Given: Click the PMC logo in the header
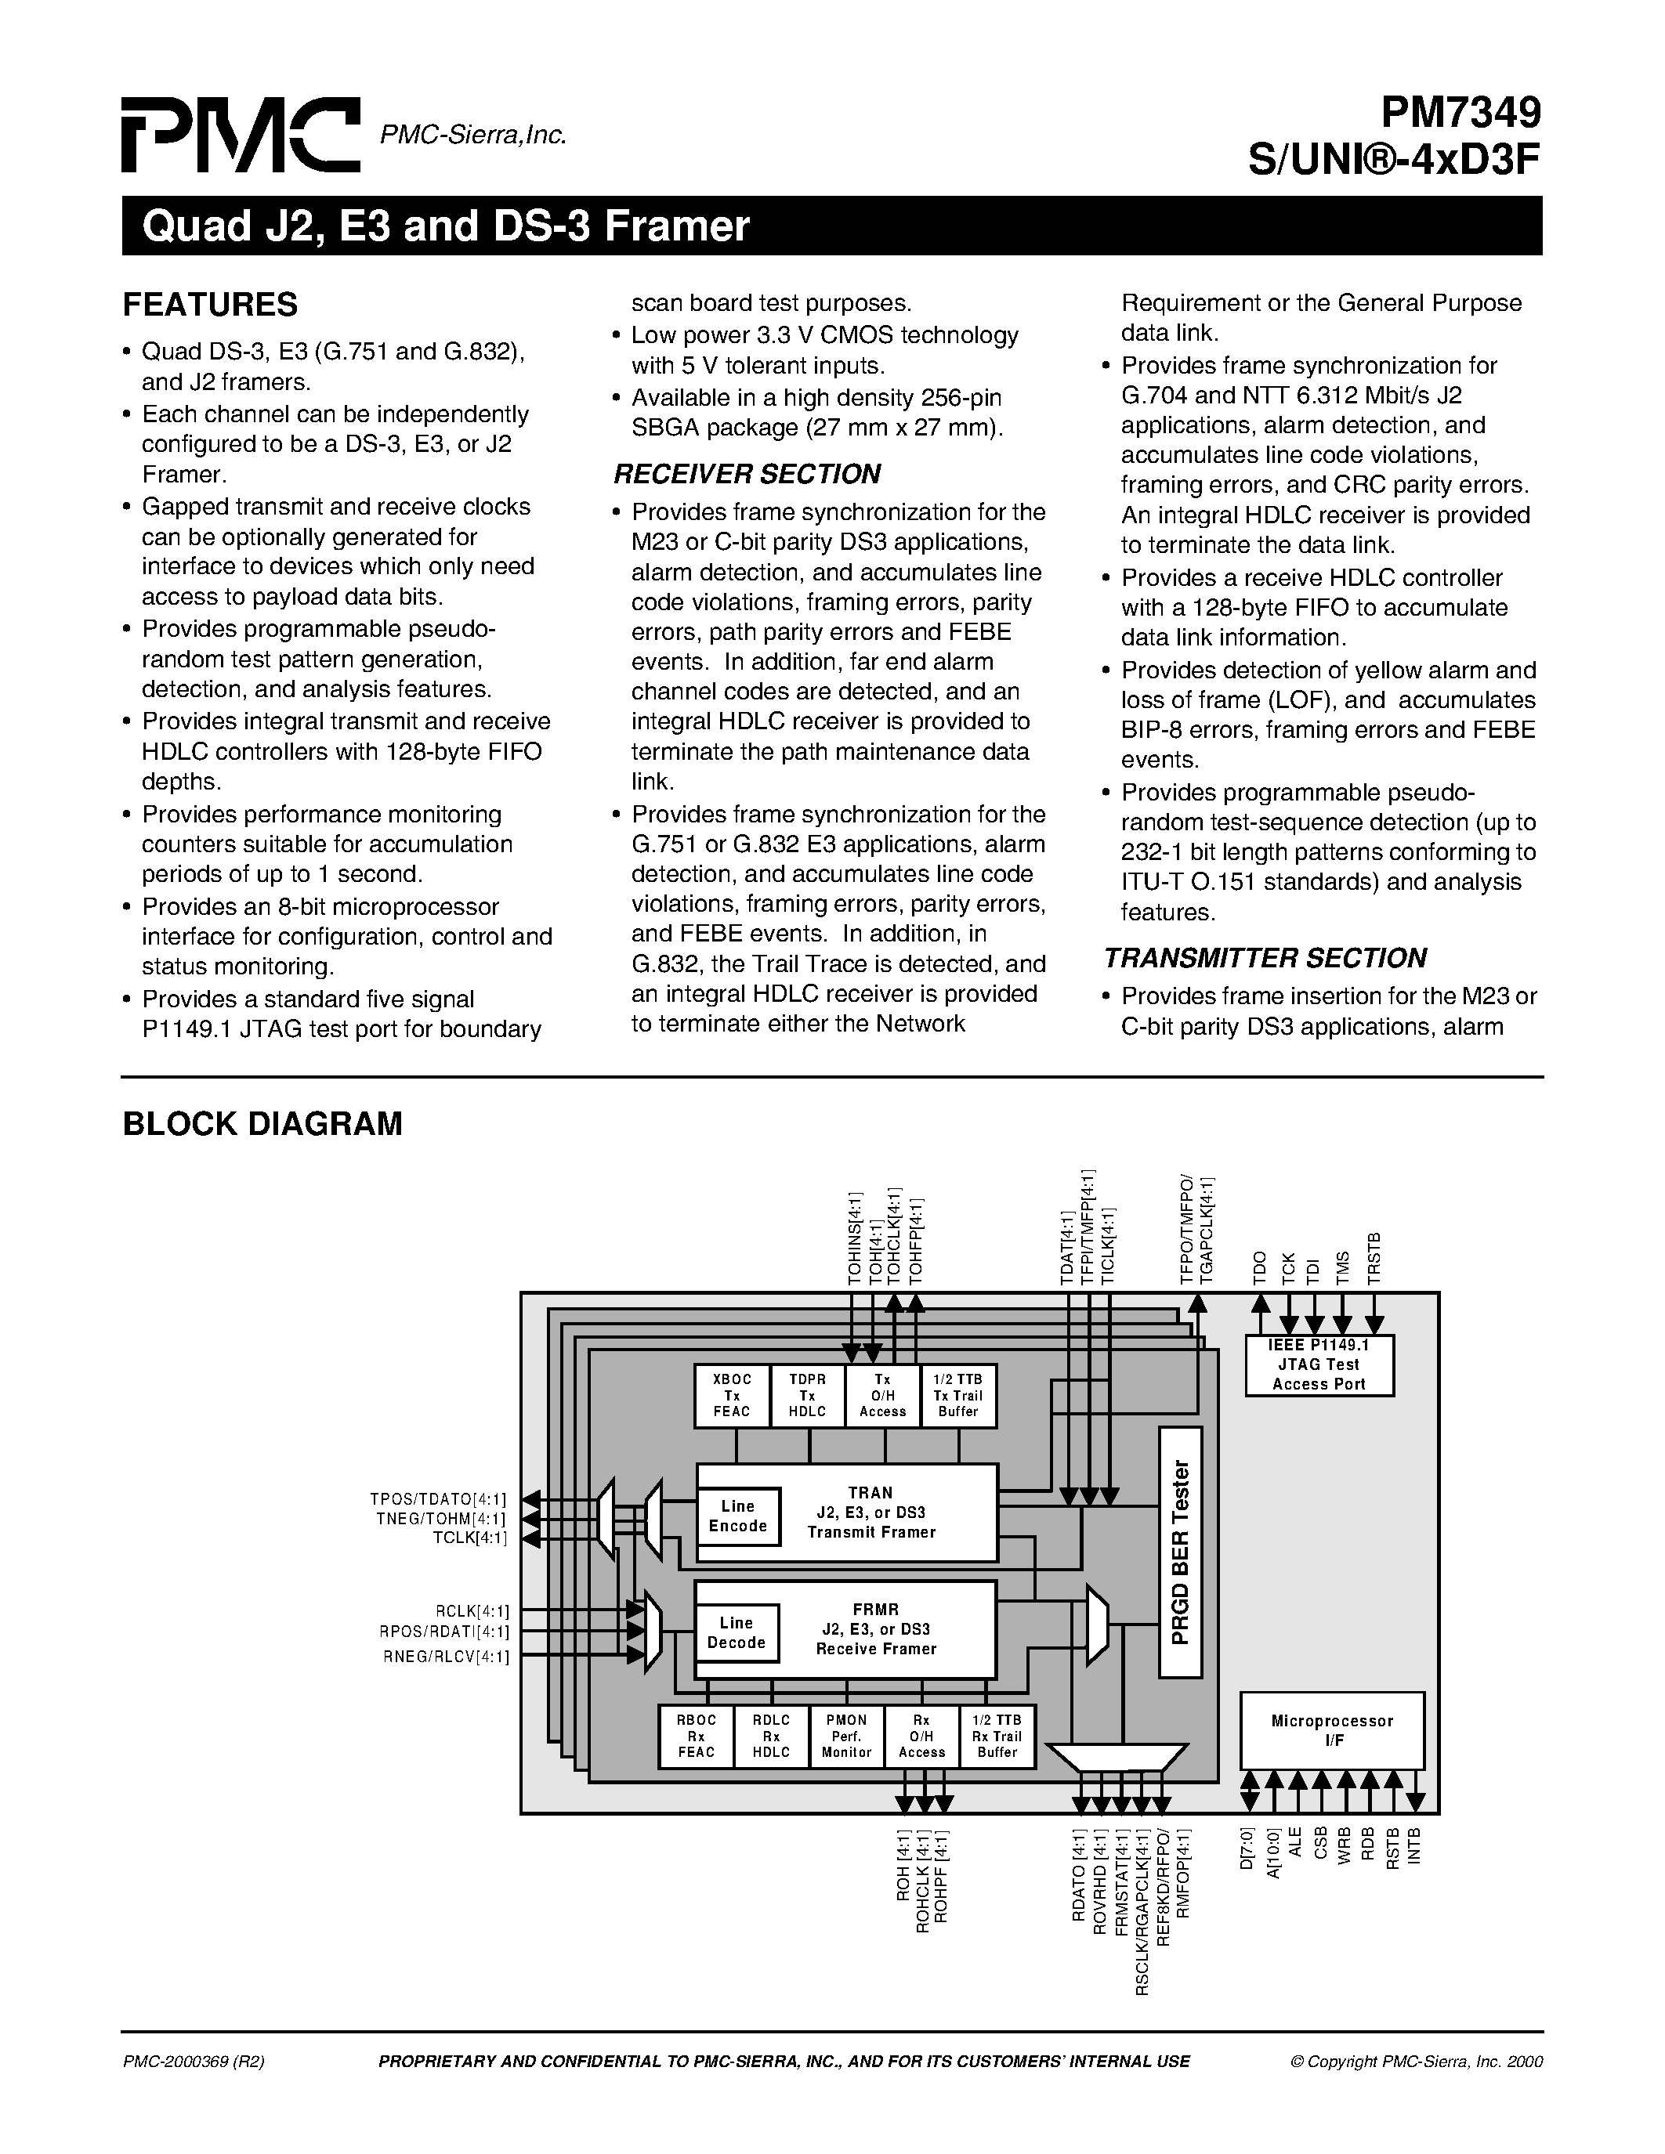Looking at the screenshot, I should click(240, 136).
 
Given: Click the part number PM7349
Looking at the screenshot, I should click(1460, 115).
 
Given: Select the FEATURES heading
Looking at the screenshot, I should click(210, 305).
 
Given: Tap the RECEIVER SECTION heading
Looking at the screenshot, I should click(747, 475).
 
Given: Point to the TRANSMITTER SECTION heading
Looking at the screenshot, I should click(1265, 958).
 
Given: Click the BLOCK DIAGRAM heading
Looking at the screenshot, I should click(262, 1123).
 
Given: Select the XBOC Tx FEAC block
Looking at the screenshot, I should click(732, 1394).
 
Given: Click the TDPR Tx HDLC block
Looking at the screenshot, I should click(807, 1394).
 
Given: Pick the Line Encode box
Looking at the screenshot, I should click(738, 1516).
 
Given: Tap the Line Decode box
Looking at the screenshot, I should click(736, 1632).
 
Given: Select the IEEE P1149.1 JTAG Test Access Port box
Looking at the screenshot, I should click(1319, 1365).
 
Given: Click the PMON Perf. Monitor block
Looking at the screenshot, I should click(846, 1736).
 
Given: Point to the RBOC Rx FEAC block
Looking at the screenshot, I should click(697, 1736).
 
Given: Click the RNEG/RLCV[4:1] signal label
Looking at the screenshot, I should click(447, 1657).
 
